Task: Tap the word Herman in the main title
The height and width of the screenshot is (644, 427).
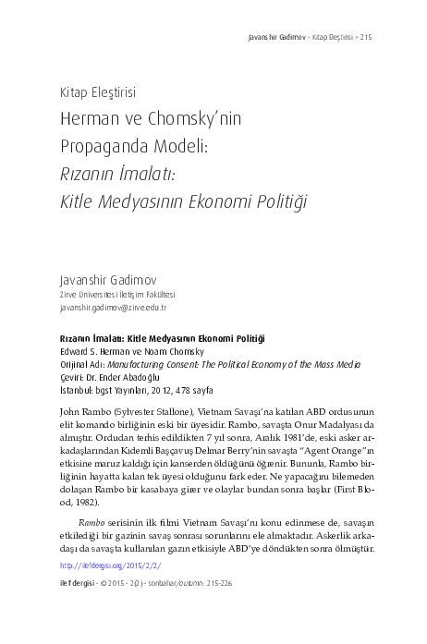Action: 88,120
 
